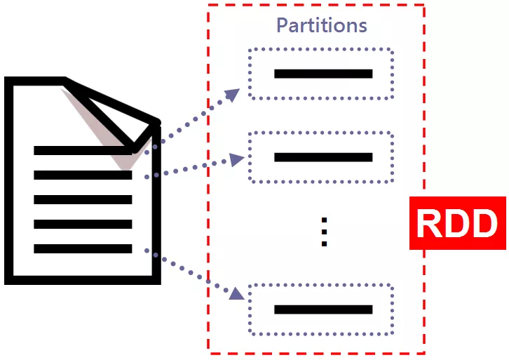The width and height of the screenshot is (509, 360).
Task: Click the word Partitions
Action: (321, 25)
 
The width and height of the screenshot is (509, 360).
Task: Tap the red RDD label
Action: (457, 224)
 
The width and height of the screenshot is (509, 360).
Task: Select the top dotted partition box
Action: (322, 74)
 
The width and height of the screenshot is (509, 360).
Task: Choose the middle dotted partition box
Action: (322, 157)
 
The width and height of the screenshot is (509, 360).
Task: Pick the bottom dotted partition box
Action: (322, 309)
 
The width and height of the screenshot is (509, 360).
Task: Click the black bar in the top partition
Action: (323, 74)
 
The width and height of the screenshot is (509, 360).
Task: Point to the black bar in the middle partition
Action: (323, 157)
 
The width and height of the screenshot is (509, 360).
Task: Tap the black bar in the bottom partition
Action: (323, 309)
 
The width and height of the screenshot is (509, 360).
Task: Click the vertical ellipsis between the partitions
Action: (324, 232)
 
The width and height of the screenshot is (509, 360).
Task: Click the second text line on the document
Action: (83, 175)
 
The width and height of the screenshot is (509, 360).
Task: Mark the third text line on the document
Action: (83, 200)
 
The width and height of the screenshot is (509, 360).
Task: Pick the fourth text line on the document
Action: (83, 225)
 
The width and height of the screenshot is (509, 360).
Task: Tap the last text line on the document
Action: (83, 249)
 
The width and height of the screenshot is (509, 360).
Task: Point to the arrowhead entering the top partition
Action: (233, 94)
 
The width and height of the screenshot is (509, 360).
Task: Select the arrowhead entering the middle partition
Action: (238, 161)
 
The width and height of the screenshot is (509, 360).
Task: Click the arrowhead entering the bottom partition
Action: (238, 293)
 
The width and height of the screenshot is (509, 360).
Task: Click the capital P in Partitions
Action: (282, 25)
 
